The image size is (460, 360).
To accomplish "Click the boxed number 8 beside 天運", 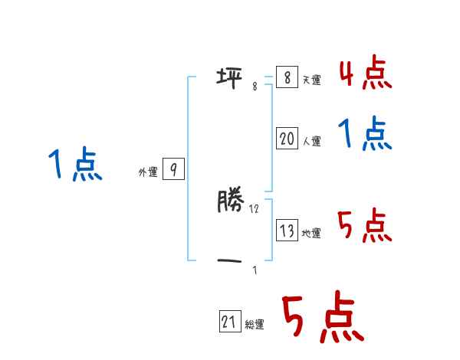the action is tap(287, 77).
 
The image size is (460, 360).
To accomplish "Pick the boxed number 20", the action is tap(287, 139).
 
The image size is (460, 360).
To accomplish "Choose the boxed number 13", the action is tap(287, 231).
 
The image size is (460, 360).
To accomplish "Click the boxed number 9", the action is tap(174, 170).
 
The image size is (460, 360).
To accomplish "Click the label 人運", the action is tap(311, 141).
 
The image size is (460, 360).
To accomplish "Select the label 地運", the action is tap(311, 234).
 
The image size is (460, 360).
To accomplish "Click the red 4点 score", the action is tap(365, 74).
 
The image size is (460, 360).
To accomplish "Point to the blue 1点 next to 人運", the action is tap(365, 136).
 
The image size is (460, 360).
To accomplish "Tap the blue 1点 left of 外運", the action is tap(75, 165).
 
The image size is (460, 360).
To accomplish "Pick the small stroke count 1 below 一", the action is tap(255, 270).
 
